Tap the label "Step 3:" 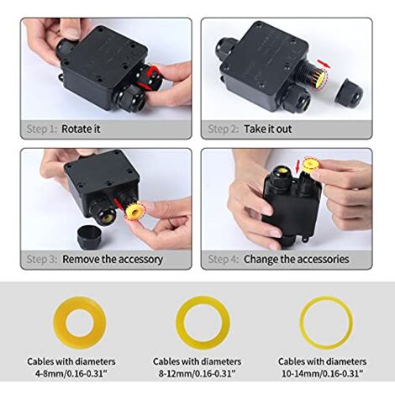pyautogui.click(x=40, y=259)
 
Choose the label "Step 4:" pyautogui.click(x=224, y=259)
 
